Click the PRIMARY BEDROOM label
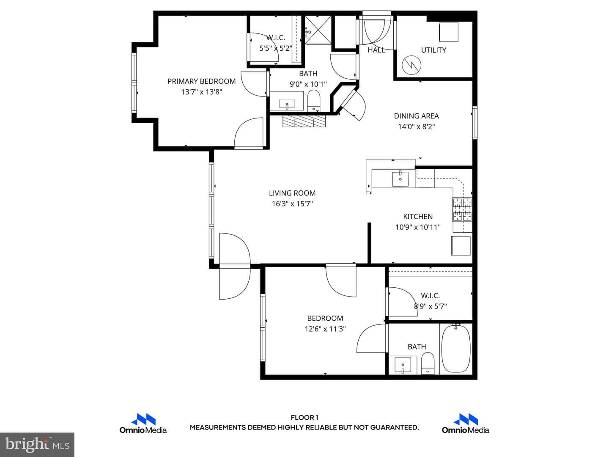[x=201, y=81]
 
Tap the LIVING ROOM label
[x=292, y=193]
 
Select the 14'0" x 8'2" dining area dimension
[x=416, y=127]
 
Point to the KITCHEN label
[x=418, y=216]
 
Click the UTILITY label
[x=433, y=50]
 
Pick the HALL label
[x=376, y=50]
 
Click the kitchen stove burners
[x=462, y=209]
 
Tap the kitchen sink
[x=400, y=179]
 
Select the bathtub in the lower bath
[x=456, y=349]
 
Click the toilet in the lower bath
[x=428, y=363]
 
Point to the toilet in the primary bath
[x=314, y=100]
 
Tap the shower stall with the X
[x=318, y=30]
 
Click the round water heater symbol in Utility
[x=411, y=65]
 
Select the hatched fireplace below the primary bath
[x=304, y=121]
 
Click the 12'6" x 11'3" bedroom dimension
[x=325, y=329]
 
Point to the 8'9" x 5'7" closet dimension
[x=431, y=306]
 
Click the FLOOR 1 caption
[x=304, y=418]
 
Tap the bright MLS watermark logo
[x=37, y=445]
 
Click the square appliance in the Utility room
[x=448, y=32]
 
